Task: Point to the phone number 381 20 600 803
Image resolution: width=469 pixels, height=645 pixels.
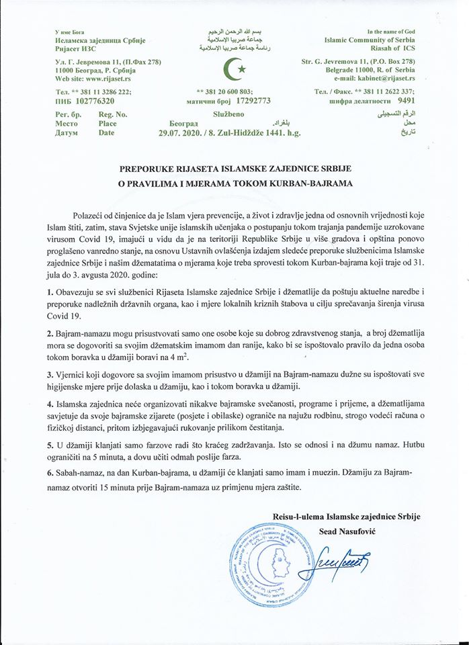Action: click(224, 91)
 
